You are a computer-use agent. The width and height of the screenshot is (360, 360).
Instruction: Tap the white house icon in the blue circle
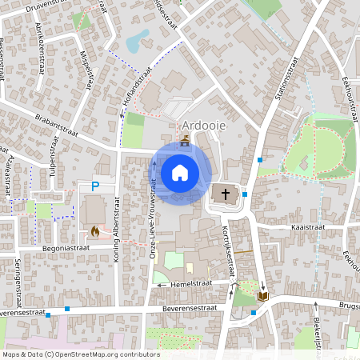coord(179,172)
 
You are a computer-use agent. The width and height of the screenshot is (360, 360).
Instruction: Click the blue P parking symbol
coord(94,187)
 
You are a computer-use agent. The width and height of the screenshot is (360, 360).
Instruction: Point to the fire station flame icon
coord(95,232)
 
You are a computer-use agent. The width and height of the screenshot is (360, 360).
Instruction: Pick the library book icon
coord(262,297)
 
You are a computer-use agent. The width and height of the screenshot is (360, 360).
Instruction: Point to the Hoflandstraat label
coord(138,90)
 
